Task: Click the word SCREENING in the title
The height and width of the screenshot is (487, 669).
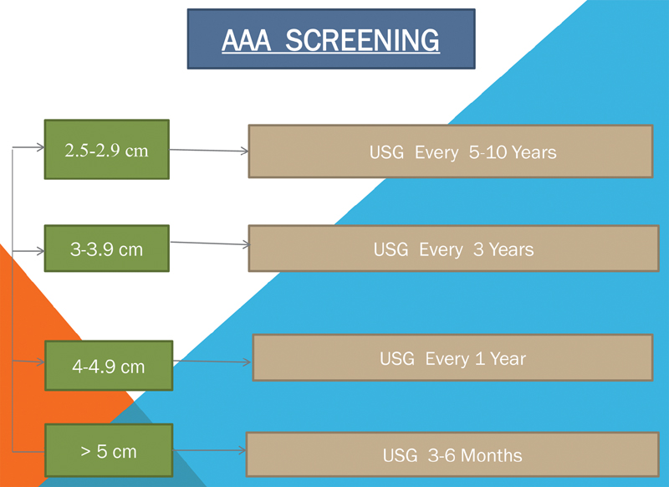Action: click(362, 40)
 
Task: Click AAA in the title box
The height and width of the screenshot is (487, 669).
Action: click(246, 40)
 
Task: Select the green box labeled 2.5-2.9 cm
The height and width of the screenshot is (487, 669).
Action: click(107, 150)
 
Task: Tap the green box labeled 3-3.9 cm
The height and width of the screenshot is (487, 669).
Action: click(107, 249)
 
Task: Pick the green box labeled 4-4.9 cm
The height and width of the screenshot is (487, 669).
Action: click(109, 366)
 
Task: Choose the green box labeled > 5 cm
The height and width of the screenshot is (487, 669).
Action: click(109, 450)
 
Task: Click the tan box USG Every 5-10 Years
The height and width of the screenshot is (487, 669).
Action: click(451, 151)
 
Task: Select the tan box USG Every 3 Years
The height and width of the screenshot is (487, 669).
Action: click(453, 249)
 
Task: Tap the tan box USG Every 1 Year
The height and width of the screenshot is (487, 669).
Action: click(452, 357)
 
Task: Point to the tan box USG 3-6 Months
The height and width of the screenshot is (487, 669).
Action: click(452, 454)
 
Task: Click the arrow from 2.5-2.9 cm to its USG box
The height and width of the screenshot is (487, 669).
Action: click(209, 151)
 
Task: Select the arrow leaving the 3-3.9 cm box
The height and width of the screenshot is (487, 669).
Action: click(210, 243)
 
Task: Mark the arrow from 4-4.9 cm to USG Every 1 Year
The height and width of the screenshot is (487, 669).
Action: click(212, 361)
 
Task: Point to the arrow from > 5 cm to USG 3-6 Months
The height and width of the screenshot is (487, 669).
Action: click(210, 450)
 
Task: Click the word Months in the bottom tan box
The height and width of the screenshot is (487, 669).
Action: click(492, 455)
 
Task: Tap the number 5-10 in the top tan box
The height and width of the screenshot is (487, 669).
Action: click(488, 152)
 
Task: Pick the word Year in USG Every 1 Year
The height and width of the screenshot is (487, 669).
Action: click(508, 359)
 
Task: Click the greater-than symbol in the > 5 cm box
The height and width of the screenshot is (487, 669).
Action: click(86, 452)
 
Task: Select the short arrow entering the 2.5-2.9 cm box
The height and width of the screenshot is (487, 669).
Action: click(28, 147)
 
